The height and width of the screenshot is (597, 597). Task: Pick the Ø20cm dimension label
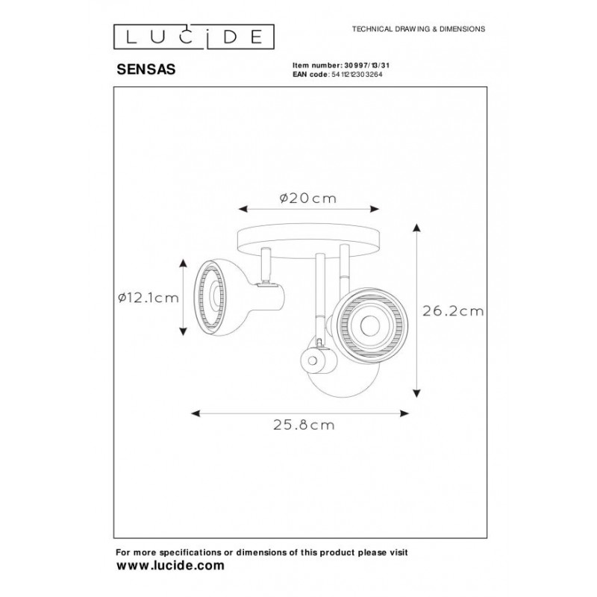[307, 198]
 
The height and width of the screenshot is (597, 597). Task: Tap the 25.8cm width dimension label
[302, 426]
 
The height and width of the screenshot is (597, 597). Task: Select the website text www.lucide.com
[169, 566]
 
